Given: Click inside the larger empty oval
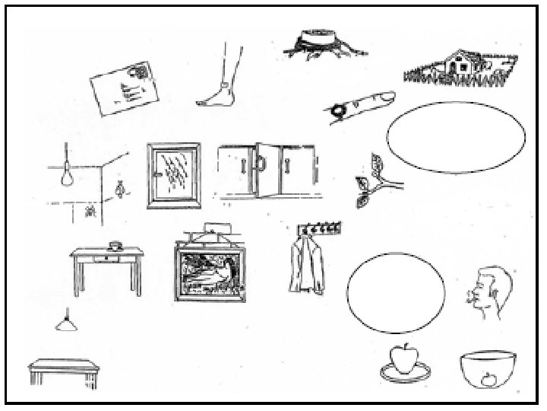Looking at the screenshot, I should point(456,137).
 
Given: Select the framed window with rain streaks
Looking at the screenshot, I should point(173,174).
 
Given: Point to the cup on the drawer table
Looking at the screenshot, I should point(115,245).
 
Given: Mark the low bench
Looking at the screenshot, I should point(64,372).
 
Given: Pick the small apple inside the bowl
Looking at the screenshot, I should point(489,378).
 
